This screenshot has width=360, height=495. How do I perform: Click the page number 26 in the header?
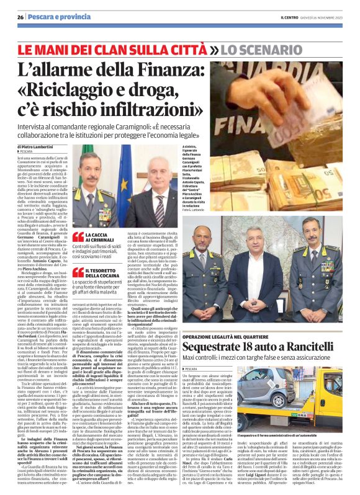pos(20,16)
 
